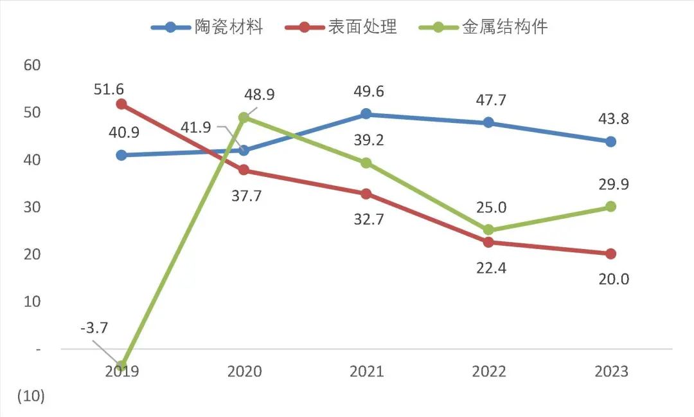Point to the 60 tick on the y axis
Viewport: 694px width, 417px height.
tap(31, 65)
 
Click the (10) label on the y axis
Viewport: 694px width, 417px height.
tap(31, 396)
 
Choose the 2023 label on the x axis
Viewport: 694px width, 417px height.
tap(610, 372)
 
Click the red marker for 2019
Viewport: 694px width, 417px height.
tap(121, 104)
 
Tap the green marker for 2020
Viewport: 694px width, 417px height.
tap(244, 118)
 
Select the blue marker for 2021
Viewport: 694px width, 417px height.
tap(366, 114)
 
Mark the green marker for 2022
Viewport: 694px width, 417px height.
tap(488, 230)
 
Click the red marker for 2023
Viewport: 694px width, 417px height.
tap(610, 254)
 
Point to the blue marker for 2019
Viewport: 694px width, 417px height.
tap(121, 155)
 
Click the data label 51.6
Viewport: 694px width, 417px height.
tap(109, 89)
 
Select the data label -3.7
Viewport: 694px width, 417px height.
tap(94, 328)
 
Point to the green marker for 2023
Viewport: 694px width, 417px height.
tap(610, 207)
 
